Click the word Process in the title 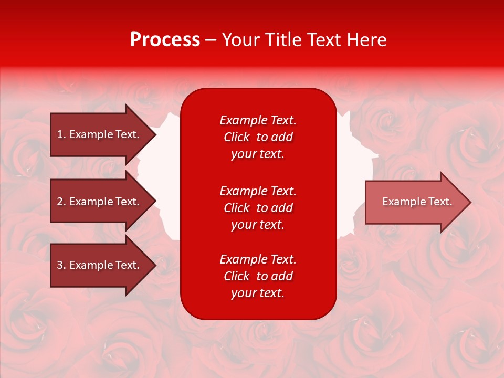[165, 40]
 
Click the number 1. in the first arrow [61, 134]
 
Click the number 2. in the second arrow [61, 202]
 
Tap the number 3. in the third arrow [61, 265]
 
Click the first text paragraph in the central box [258, 137]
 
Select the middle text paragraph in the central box [258, 208]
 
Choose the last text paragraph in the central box [258, 276]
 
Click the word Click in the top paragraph [236, 137]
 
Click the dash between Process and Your [211, 40]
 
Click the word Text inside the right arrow [440, 202]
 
